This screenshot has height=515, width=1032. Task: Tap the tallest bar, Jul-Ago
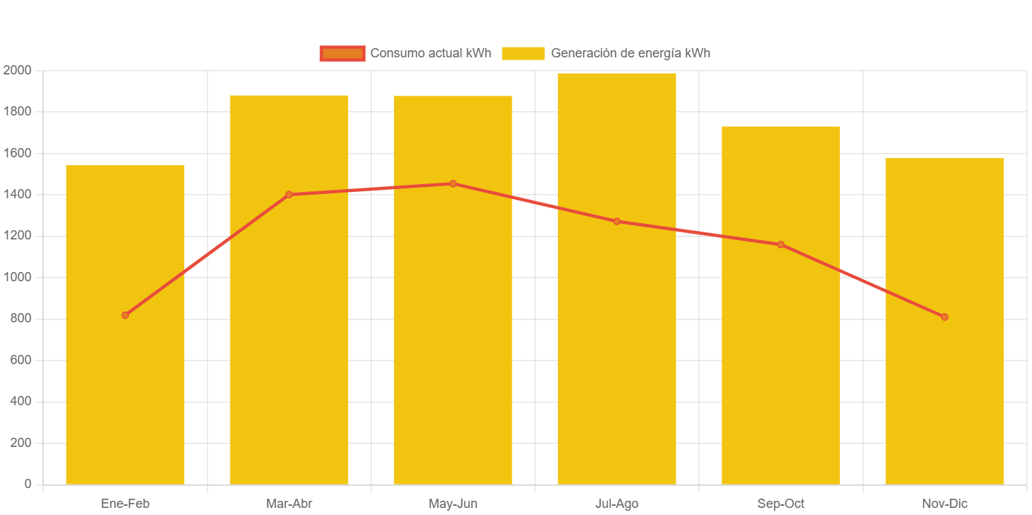pos(617,354)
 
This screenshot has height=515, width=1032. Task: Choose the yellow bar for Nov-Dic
pos(944,397)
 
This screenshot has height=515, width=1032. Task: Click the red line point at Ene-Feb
pos(125,315)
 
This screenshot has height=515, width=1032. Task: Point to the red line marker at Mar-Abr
pos(289,195)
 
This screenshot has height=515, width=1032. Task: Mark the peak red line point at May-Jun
pos(453,183)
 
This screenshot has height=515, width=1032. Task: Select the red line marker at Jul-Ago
pos(617,222)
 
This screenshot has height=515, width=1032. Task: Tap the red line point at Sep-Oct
pos(780,244)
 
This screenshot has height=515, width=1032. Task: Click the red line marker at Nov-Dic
pos(944,317)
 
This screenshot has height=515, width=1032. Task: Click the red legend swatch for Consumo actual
pos(342,53)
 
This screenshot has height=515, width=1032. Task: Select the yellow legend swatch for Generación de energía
pos(523,53)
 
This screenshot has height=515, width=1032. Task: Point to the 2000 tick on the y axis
pos(17,70)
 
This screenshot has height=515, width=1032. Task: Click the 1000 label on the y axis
pos(17,277)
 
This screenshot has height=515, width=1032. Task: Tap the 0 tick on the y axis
pos(28,484)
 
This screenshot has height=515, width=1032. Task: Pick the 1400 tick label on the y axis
pos(17,194)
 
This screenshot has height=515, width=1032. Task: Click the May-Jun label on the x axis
pos(453,504)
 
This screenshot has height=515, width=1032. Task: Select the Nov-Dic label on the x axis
pos(944,504)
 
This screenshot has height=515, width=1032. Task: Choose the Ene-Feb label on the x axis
pos(125,504)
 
